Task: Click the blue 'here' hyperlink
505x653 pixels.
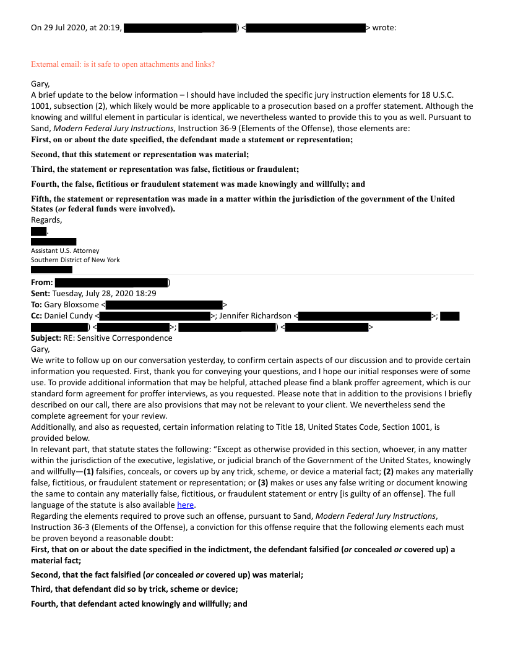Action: [186, 505]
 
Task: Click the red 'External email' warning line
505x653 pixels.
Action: [123, 64]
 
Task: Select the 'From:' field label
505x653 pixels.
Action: [41, 283]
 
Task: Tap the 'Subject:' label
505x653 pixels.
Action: [46, 338]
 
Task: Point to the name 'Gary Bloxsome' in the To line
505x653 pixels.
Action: [72, 305]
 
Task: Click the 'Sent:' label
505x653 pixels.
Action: [41, 294]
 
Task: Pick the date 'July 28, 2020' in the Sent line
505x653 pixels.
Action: [119, 294]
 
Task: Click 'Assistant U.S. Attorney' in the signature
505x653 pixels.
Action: [65, 251]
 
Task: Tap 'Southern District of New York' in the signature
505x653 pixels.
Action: [76, 260]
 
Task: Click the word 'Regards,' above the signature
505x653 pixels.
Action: [46, 220]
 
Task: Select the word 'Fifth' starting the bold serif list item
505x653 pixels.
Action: [41, 199]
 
